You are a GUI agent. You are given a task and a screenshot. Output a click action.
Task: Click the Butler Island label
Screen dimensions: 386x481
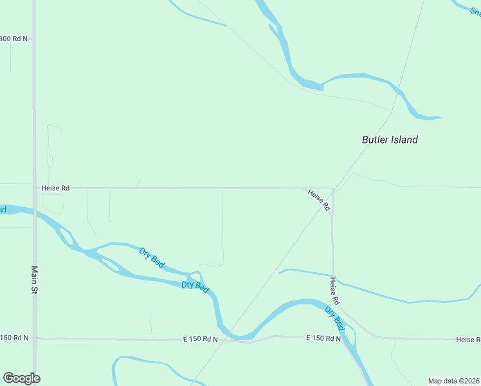[390, 140]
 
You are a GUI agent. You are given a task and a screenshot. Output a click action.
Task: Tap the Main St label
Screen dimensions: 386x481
[35, 280]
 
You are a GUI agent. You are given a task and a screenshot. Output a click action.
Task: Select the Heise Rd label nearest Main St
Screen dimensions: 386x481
[55, 188]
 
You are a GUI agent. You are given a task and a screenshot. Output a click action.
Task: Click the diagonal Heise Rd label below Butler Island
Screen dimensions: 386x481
[318, 200]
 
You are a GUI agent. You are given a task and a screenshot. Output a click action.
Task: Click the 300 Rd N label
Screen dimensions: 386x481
[14, 39]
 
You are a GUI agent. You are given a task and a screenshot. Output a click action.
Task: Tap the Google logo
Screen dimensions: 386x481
[21, 378]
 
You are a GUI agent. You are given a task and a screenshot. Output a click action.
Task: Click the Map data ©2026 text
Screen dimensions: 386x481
[453, 381]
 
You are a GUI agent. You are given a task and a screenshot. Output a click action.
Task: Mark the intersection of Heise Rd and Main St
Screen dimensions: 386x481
[34, 188]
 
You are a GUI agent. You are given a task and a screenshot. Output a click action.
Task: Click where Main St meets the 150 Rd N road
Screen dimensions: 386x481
[35, 338]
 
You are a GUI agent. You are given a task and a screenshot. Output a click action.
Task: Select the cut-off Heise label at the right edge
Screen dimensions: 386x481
[468, 339]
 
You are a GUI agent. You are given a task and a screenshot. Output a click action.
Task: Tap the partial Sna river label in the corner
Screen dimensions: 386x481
[475, 12]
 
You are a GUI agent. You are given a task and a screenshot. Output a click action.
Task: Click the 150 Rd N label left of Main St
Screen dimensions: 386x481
[14, 338]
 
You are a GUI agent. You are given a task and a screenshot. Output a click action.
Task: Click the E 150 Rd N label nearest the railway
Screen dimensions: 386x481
[200, 339]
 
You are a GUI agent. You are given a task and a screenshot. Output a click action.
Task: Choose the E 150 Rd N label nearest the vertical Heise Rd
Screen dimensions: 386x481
[323, 338]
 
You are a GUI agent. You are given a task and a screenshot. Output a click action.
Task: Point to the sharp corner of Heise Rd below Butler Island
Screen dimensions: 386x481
[332, 189]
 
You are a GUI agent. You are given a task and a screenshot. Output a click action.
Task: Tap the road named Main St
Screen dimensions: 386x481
[34, 129]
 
